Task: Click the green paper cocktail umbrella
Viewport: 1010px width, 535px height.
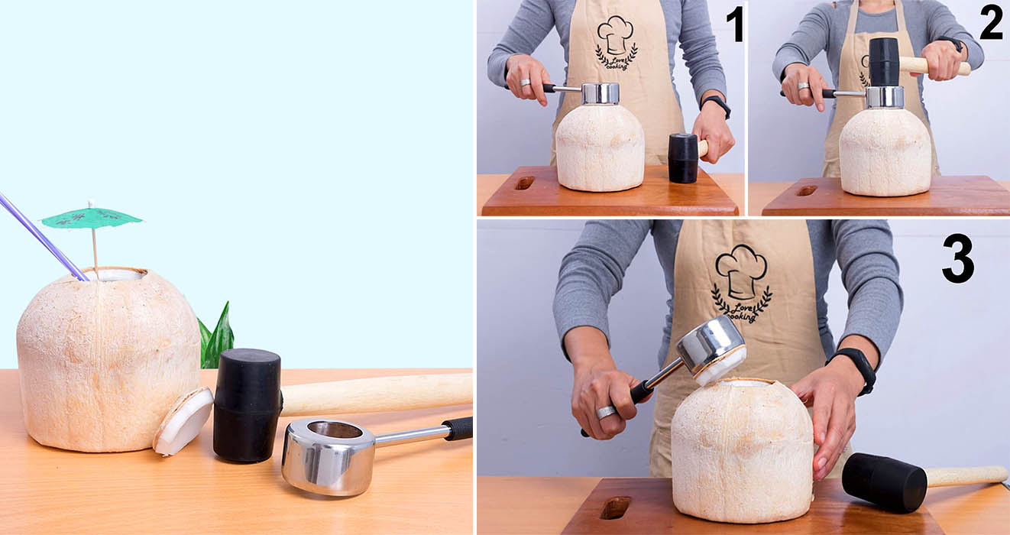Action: [x=92, y=219]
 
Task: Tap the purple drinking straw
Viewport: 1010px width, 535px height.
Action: [x=43, y=237]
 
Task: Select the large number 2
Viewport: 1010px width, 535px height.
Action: [x=991, y=23]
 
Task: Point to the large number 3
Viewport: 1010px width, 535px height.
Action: [x=958, y=258]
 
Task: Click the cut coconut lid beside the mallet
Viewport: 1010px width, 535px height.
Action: [x=183, y=420]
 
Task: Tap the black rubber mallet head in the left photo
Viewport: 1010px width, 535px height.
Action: [x=247, y=405]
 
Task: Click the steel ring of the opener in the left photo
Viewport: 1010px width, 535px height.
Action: [x=329, y=456]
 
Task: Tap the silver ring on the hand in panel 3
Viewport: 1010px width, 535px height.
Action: [x=606, y=412]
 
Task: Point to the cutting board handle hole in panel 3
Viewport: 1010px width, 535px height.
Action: [x=615, y=507]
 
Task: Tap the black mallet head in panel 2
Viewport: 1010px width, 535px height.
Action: [x=884, y=62]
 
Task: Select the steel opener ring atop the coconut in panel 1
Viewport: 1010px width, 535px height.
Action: [x=600, y=94]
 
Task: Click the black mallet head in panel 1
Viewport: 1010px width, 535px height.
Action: [x=683, y=158]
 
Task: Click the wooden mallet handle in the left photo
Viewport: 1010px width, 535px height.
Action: [x=377, y=394]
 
